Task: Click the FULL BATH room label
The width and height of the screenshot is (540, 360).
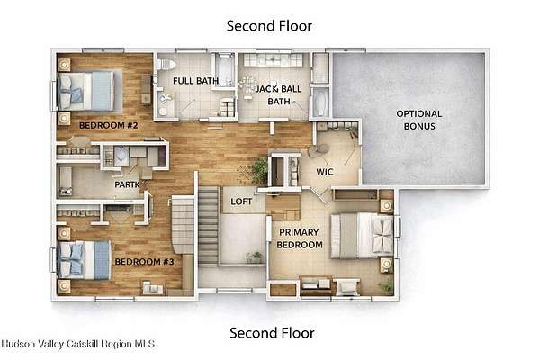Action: pos(195,81)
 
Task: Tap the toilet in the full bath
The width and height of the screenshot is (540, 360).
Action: pos(166,65)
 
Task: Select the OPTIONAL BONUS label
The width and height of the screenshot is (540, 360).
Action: pos(419,120)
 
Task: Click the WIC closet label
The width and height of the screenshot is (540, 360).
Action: pos(325,172)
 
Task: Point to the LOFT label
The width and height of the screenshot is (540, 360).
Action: pos(241,202)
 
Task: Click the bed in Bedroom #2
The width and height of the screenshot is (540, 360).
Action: pos(85,91)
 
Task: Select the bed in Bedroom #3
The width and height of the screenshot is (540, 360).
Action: pos(84,260)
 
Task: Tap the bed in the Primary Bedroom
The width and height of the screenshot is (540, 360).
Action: pos(362,236)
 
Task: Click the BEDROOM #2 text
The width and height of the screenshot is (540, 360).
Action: pos(109,125)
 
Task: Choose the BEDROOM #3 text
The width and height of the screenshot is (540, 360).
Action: pos(144,262)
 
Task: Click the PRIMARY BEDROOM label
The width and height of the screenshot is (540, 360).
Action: pos(300,238)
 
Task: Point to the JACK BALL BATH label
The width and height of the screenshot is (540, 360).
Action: pos(279,95)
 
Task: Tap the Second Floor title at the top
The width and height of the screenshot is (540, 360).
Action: pos(269,26)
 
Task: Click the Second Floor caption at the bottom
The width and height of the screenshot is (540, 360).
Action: pos(272,333)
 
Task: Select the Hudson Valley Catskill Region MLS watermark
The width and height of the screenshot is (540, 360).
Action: pos(77,344)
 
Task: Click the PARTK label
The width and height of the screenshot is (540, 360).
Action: pos(127,185)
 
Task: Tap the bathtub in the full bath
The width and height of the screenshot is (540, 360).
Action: pos(225,69)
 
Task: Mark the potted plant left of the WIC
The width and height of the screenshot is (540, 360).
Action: pos(259,170)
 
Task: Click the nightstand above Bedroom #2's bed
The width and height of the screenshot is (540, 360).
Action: pos(64,65)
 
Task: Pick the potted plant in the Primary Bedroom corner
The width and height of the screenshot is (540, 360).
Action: pos(386,287)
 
